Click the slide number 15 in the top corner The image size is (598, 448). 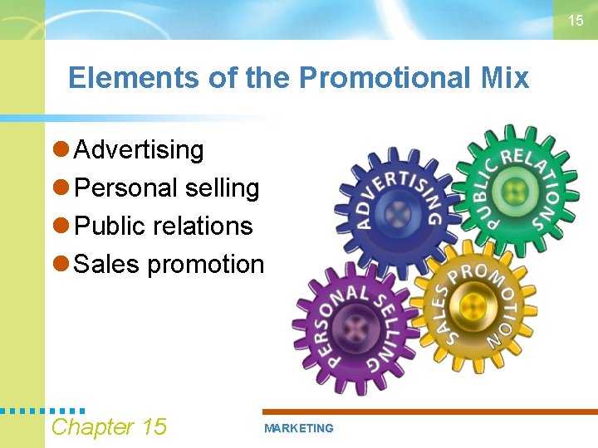(x=576, y=21)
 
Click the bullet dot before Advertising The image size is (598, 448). (x=60, y=150)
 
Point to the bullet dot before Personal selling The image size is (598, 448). (x=60, y=188)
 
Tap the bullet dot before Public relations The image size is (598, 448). (x=60, y=226)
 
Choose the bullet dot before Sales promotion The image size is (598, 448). (x=60, y=265)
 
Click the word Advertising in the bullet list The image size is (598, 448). (x=139, y=150)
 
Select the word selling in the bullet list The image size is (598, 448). (x=223, y=188)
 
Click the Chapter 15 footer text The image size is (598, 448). (x=109, y=427)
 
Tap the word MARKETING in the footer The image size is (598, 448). (x=298, y=428)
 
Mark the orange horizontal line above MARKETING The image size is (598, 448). (x=429, y=411)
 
